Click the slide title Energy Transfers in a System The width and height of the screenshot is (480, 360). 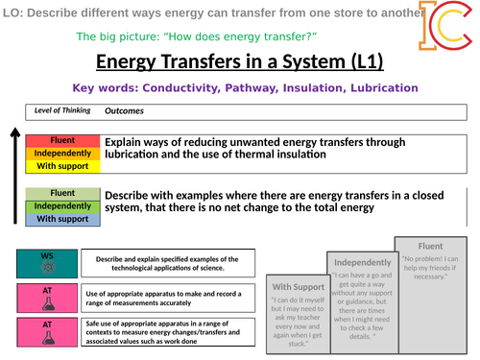[240, 62]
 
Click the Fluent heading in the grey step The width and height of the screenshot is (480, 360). [430, 245]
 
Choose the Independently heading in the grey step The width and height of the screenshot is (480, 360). [362, 262]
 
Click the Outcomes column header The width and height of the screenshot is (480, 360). [126, 110]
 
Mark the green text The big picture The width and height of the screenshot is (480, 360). [212, 36]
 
